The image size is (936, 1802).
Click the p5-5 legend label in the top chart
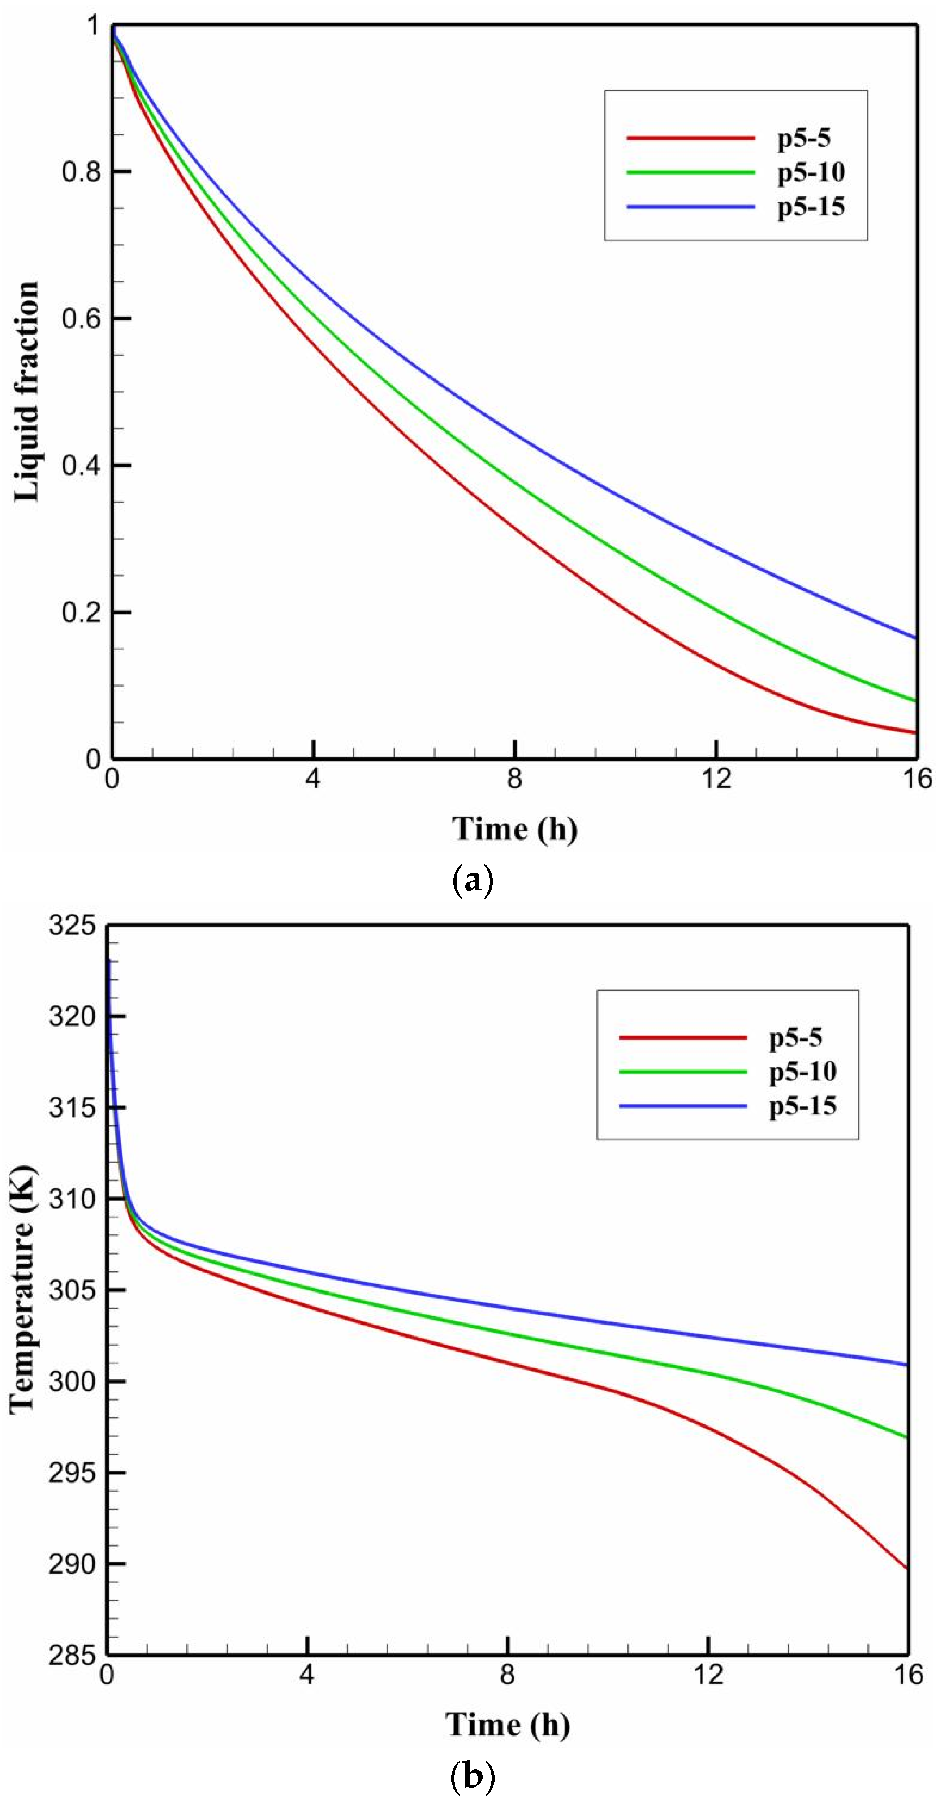point(804,138)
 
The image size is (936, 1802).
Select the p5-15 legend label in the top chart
point(811,206)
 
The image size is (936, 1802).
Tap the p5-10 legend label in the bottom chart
point(802,1071)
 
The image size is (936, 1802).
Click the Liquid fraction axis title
point(26,392)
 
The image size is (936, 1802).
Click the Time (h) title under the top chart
point(514,829)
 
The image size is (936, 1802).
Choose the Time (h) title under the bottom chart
point(507,1725)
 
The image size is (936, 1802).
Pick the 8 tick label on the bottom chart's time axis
point(507,1675)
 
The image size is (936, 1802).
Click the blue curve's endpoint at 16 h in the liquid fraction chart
point(915,637)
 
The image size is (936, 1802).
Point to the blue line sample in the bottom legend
point(683,1106)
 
